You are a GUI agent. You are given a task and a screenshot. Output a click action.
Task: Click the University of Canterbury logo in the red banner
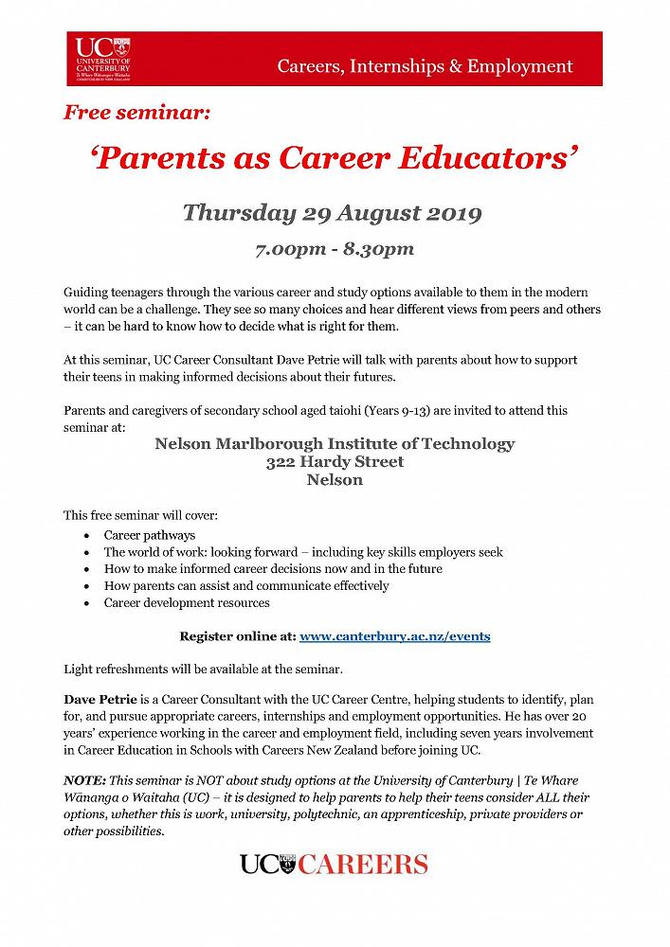coord(104,56)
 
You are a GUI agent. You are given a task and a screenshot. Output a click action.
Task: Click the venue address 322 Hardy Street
coord(335,462)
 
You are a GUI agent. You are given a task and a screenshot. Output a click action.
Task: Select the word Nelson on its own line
coord(335,480)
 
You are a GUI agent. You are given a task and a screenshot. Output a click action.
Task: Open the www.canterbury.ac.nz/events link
coord(394,635)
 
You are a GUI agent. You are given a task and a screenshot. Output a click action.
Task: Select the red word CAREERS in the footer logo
coord(365,864)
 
